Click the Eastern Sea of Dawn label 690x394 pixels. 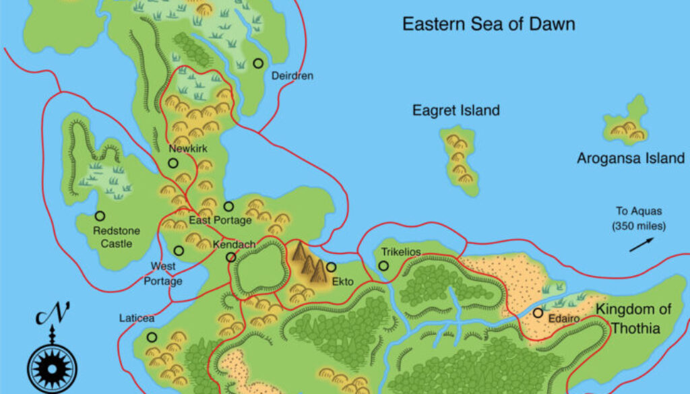pos(489,25)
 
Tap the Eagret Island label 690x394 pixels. pos(456,110)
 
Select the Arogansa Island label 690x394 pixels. pos(631,158)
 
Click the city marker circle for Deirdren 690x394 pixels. pos(258,63)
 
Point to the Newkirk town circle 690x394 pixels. pos(173,163)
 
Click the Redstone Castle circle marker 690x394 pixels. pos(100,216)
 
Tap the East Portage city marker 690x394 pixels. pos(228,207)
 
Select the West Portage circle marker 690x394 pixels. pos(179,251)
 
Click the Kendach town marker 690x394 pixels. pos(231,257)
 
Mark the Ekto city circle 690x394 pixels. pos(331,267)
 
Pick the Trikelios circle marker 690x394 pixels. pos(383,266)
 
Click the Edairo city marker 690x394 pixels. pos(538,313)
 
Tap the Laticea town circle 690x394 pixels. pos(152,337)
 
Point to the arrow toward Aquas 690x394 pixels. pos(641,244)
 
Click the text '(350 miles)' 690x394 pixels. pos(639,226)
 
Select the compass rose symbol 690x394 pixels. pos(52,370)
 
